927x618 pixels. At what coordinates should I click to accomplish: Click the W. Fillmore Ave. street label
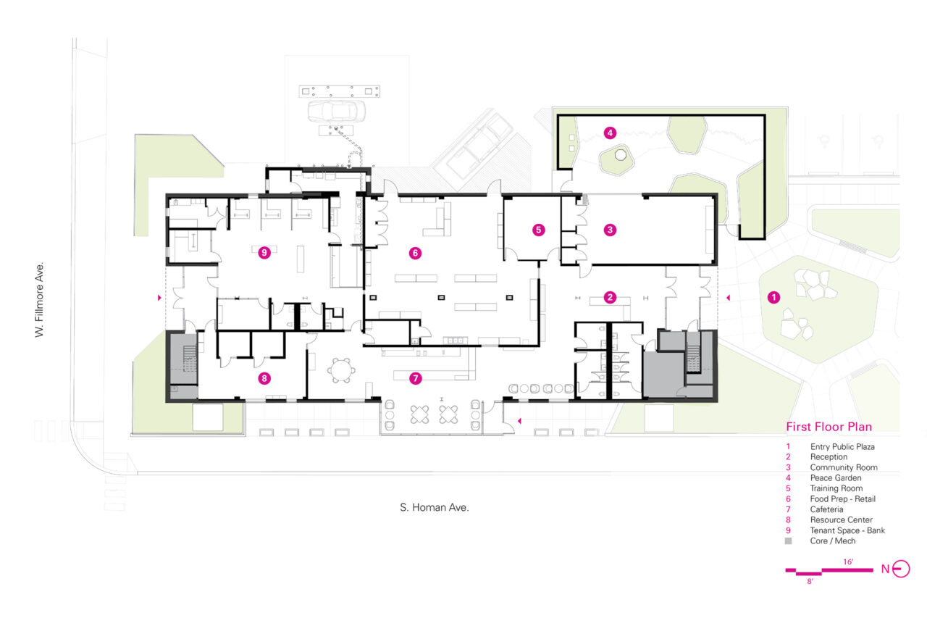[x=39, y=300]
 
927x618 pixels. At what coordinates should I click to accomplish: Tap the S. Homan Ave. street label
[x=434, y=507]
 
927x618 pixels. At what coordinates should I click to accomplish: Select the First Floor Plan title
[x=829, y=427]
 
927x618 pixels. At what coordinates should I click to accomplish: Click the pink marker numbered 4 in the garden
[x=610, y=133]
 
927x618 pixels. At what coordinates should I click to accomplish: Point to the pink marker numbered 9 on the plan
[x=264, y=253]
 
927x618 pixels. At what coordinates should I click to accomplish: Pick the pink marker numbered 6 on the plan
[x=415, y=253]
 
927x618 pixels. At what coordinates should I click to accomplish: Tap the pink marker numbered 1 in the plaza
[x=773, y=297]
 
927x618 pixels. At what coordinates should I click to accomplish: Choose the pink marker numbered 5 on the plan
[x=538, y=230]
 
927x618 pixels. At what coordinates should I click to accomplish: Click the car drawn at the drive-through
[x=337, y=112]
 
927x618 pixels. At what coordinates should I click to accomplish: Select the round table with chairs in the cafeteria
[x=341, y=370]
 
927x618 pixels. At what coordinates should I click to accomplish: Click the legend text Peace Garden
[x=836, y=477]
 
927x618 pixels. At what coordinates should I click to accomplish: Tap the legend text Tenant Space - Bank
[x=847, y=530]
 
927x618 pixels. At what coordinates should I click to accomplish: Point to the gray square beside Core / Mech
[x=789, y=541]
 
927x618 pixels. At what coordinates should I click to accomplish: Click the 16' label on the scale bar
[x=848, y=561]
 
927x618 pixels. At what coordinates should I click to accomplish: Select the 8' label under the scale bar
[x=810, y=581]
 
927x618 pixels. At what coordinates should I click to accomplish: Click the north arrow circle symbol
[x=900, y=569]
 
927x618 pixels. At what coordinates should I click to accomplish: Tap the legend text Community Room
[x=844, y=467]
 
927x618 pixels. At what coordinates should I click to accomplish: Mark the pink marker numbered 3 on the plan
[x=610, y=230]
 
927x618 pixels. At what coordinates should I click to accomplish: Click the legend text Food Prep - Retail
[x=842, y=498]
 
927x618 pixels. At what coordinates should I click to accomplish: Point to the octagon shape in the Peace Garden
[x=620, y=155]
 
